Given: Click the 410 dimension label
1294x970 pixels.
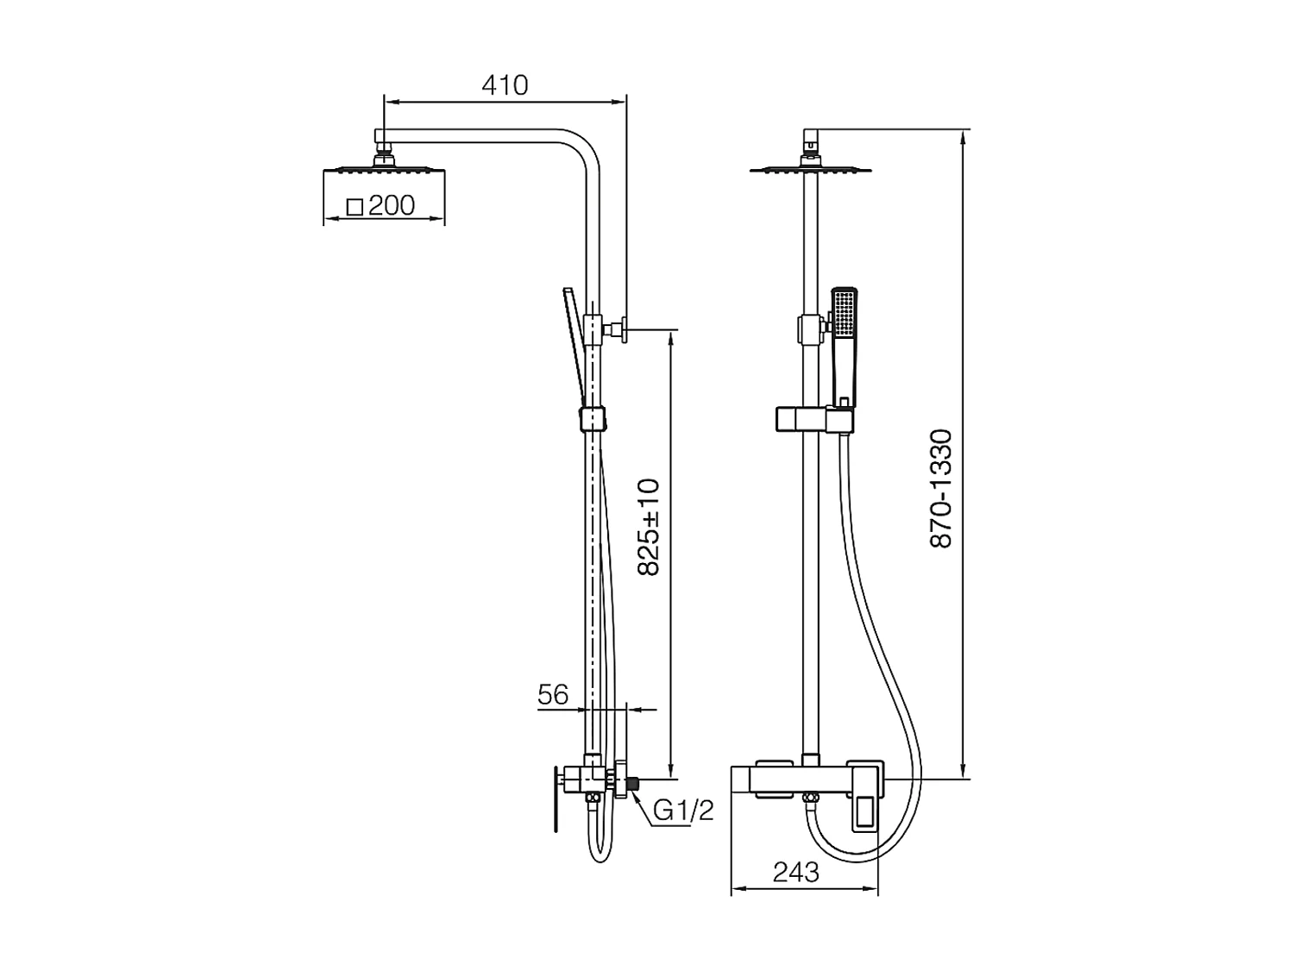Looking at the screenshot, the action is pos(505,85).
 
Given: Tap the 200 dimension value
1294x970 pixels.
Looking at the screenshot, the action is pos(392,205).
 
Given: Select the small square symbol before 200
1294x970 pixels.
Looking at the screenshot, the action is pos(355,207).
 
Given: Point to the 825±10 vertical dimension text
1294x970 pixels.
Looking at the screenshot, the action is pos(649,527).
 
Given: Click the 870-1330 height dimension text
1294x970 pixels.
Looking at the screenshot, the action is pos(940,490).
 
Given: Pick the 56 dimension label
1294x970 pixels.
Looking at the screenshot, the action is pos(552,695).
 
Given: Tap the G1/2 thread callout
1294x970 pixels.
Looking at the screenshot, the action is pos(683,811).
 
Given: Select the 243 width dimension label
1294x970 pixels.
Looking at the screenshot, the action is pos(796,873).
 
